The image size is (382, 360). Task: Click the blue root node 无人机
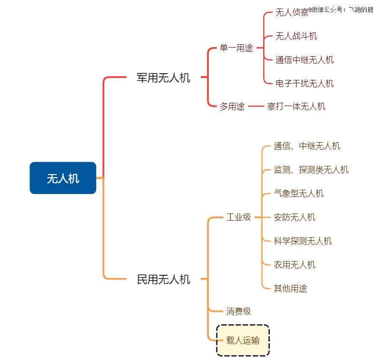coord(63,178)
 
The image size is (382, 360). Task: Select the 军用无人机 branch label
coord(163,78)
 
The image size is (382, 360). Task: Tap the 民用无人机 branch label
coord(163,279)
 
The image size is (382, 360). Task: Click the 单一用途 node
coord(236,48)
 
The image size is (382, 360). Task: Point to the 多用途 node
coord(232,107)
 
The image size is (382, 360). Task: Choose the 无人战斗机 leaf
coord(296,36)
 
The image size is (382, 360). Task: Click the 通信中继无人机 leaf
coord(304,60)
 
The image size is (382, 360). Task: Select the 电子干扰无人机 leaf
coord(304,84)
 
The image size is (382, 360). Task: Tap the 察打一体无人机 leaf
coord(296,107)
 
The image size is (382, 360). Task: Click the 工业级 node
coord(238,217)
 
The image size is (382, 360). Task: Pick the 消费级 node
coord(238,311)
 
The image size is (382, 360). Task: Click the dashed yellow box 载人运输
coord(243,341)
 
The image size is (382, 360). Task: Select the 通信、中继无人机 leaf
coord(307,146)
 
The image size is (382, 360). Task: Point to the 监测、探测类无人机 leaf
coord(311,170)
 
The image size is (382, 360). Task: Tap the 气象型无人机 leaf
coord(299,194)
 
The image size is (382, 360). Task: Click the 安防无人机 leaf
coord(294,217)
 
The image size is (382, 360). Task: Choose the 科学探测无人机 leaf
coord(303,241)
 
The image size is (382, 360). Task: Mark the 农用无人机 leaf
coord(294,265)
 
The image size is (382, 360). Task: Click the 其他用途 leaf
coord(290,289)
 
